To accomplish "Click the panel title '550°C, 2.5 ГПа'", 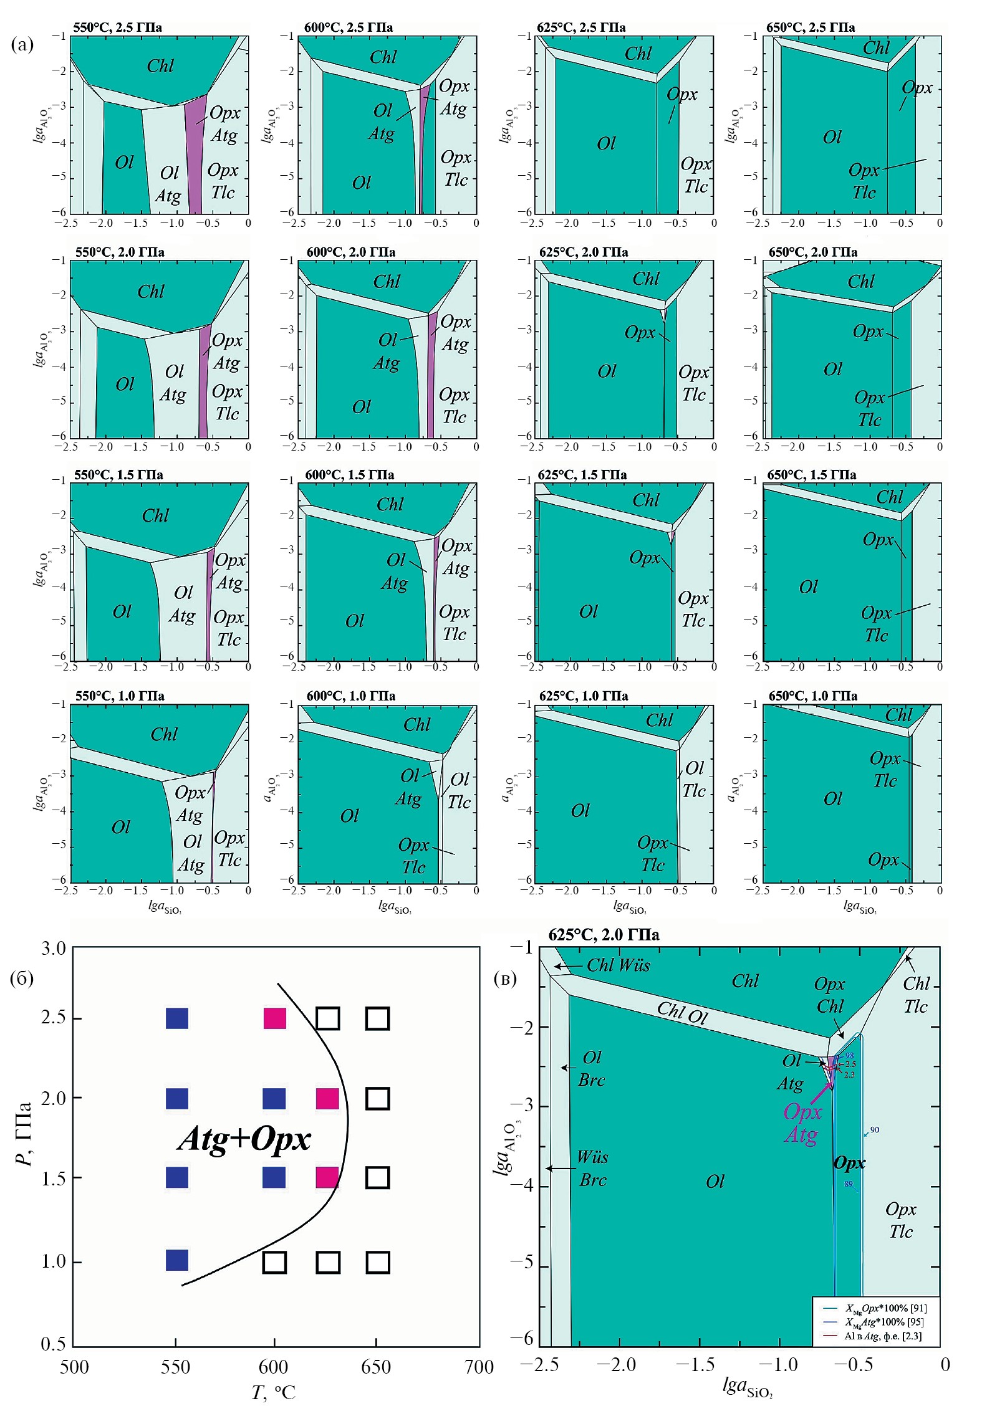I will click(118, 27).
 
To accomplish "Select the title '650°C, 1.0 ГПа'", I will click(812, 696).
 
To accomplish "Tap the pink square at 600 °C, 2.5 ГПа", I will click(274, 1018).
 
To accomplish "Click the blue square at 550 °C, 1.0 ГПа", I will click(177, 1260).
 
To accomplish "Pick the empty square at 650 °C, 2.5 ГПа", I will click(377, 1018).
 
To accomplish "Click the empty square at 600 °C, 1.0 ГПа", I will click(274, 1262).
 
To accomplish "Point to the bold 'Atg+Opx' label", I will click(244, 1139).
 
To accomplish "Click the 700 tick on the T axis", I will click(479, 1367).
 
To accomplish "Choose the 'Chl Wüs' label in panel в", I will click(618, 965).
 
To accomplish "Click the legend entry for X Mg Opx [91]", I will click(885, 1308).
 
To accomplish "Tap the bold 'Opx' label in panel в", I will click(849, 1163).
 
